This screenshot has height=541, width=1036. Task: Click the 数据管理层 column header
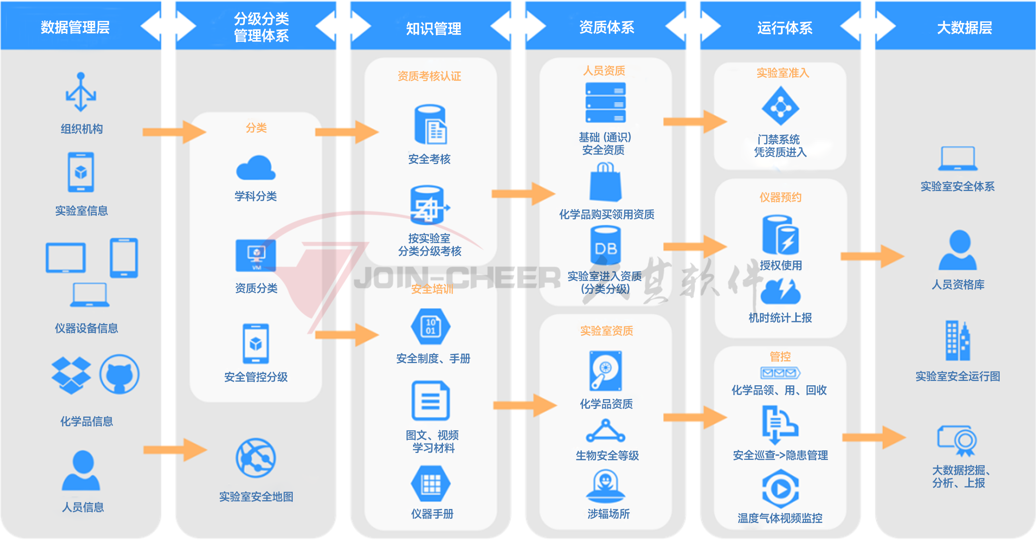[x=75, y=27]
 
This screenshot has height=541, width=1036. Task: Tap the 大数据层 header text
[x=964, y=27]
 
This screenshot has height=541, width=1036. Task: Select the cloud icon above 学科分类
[x=256, y=168]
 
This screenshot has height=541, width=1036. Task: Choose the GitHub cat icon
[x=119, y=374]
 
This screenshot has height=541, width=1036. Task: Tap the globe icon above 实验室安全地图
[x=256, y=458]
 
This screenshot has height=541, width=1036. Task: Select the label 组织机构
[x=82, y=129]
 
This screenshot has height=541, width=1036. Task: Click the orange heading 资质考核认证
[x=429, y=76]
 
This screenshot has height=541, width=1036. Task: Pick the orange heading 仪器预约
[x=780, y=197]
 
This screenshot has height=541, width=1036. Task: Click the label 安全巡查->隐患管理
[x=780, y=455]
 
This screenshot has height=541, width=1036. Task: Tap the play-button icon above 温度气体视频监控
[x=780, y=489]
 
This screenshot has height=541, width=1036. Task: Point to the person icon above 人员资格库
[x=958, y=250]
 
